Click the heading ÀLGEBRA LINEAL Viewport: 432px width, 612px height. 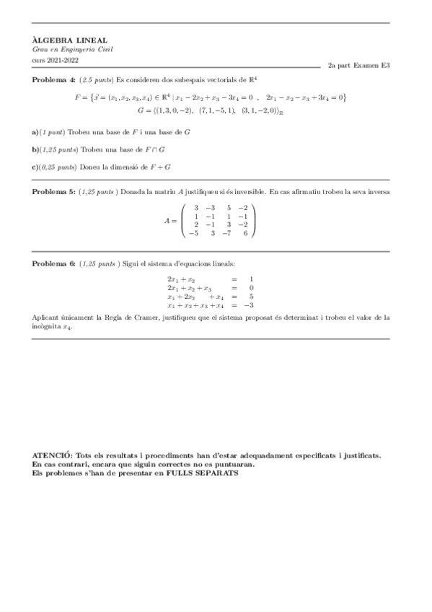click(x=60, y=40)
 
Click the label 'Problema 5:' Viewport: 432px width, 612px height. click(x=53, y=193)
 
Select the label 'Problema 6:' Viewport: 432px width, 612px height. click(x=53, y=264)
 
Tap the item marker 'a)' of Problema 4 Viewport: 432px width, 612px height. click(x=36, y=134)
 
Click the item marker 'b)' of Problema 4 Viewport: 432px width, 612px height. click(x=36, y=149)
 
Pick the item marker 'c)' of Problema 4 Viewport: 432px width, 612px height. click(x=36, y=167)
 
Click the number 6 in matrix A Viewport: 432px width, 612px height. click(x=246, y=233)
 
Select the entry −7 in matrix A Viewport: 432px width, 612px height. click(x=228, y=233)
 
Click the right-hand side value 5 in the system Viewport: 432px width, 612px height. click(x=251, y=296)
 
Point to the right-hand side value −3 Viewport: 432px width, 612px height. click(x=250, y=305)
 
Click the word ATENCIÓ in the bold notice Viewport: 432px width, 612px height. click(x=53, y=456)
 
